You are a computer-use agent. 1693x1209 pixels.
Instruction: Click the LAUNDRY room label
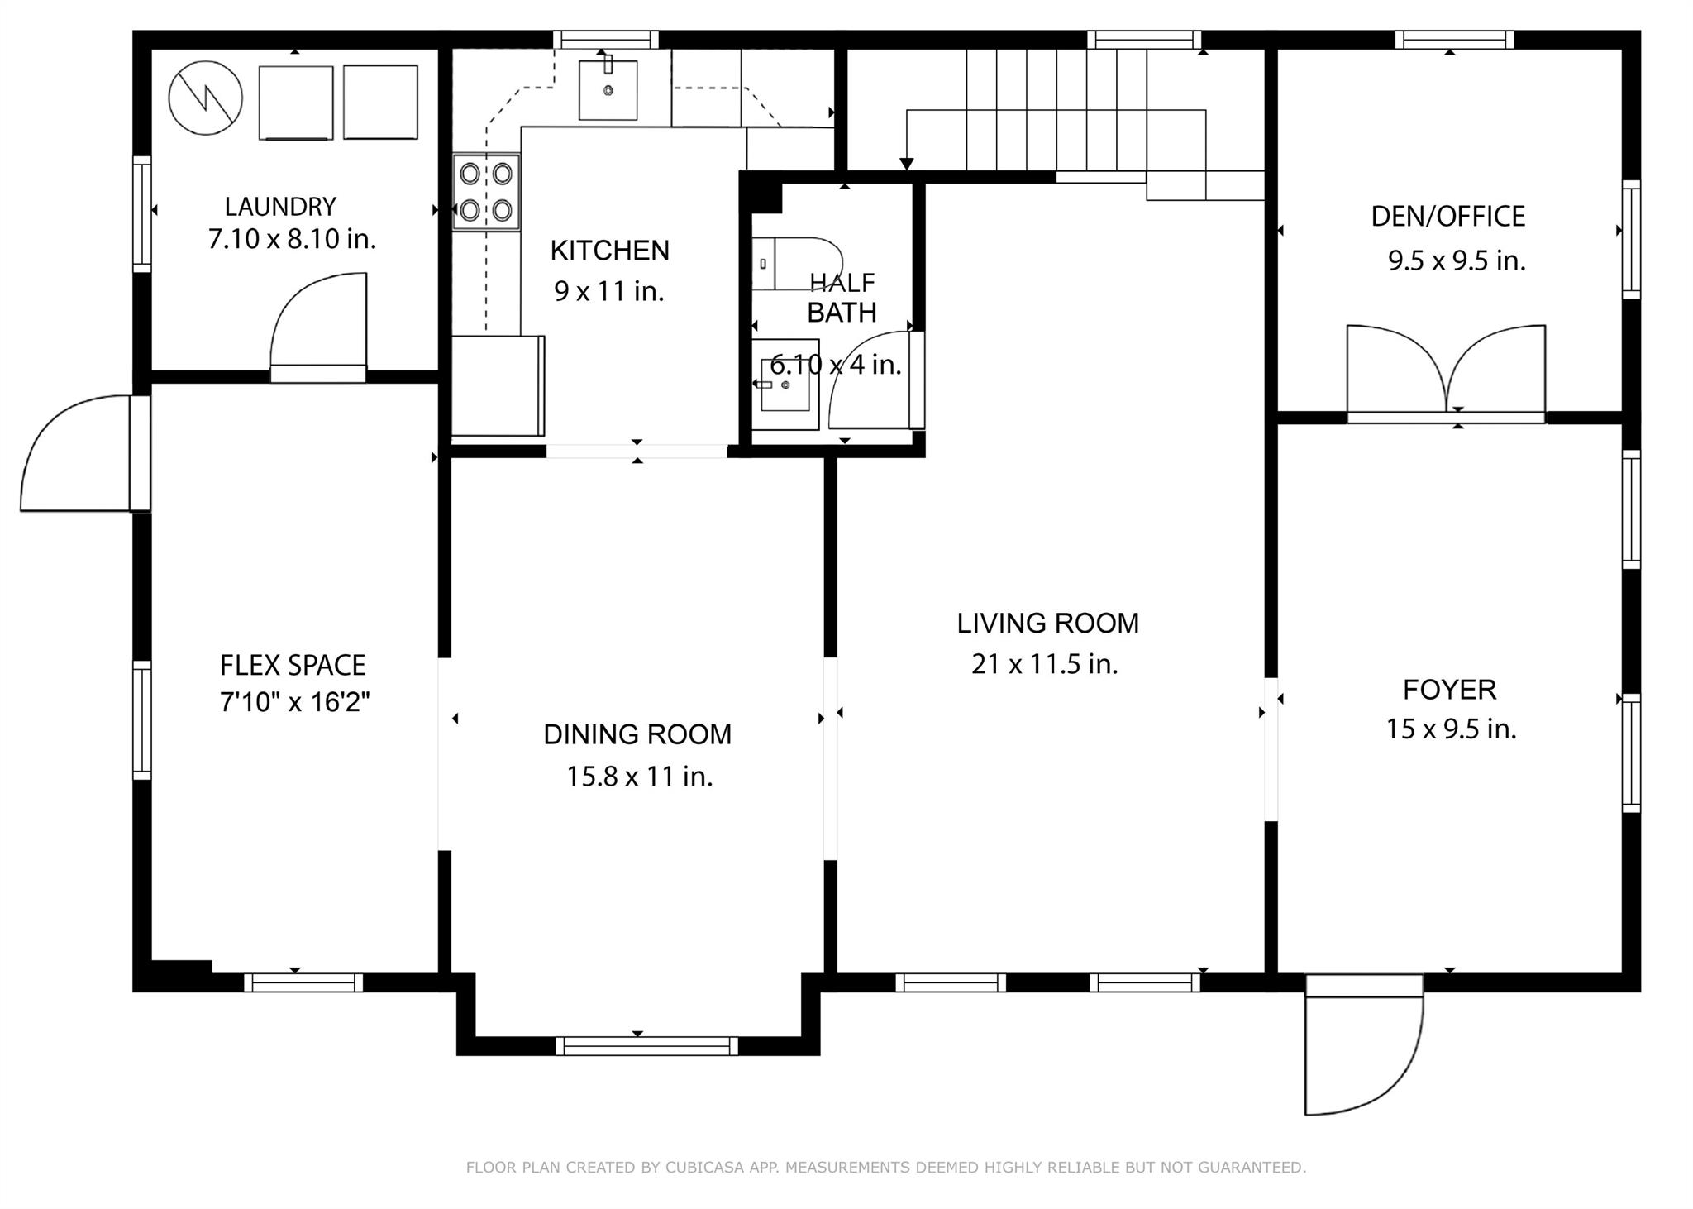click(x=280, y=206)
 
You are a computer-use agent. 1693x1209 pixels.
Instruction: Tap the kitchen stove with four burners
click(x=486, y=191)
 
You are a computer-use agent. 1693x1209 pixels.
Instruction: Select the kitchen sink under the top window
click(x=608, y=89)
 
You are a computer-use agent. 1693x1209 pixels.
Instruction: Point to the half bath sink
click(x=785, y=385)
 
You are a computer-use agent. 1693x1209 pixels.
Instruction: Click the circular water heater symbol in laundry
click(x=206, y=98)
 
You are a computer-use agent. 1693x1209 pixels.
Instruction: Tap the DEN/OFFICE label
click(x=1447, y=217)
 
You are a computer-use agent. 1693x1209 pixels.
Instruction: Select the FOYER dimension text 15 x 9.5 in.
click(x=1451, y=729)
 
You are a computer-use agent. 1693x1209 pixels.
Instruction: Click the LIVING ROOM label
click(x=1047, y=624)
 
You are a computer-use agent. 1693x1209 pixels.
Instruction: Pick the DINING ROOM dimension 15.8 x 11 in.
click(x=639, y=777)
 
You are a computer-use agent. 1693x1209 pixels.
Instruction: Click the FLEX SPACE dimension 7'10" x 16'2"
click(x=294, y=702)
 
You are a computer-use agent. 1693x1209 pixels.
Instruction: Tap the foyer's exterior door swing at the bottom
click(x=1364, y=1046)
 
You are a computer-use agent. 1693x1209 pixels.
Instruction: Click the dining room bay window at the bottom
click(x=646, y=1046)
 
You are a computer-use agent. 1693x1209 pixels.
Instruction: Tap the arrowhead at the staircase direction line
click(x=907, y=164)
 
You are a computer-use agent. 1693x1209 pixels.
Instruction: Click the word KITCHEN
click(x=610, y=251)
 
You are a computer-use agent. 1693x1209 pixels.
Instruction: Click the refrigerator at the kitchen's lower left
click(x=498, y=385)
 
